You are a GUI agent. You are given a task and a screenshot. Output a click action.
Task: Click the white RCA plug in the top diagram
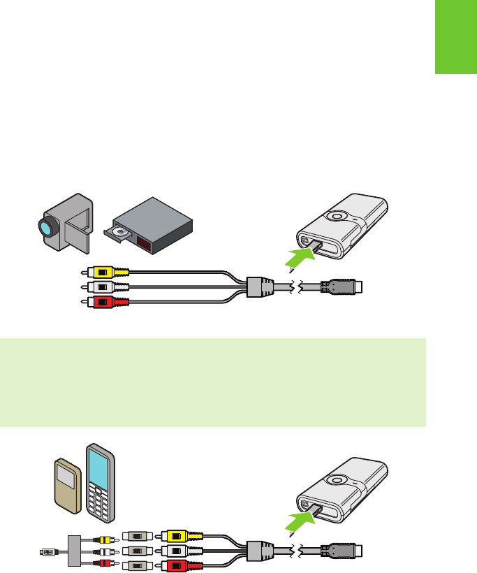coord(105,287)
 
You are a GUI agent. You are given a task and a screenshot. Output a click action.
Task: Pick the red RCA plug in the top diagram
coord(105,302)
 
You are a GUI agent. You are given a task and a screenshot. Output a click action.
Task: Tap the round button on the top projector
coord(337,217)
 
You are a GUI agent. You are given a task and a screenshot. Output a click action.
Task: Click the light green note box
coord(213,383)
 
